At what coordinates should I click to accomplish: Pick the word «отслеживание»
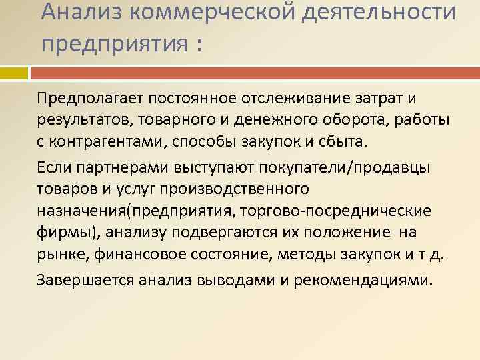click(x=280, y=99)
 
